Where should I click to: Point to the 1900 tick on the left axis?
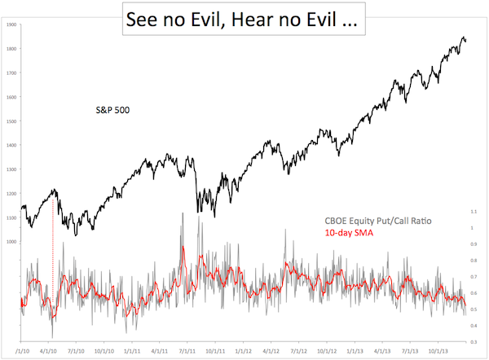tap(11, 25)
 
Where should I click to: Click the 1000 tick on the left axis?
tap(11, 242)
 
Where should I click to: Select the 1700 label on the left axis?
tap(11, 73)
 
